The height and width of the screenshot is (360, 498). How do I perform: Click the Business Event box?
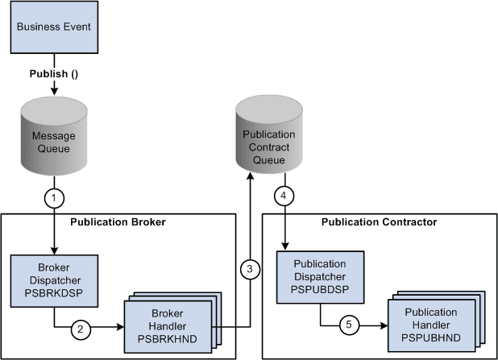tap(53, 27)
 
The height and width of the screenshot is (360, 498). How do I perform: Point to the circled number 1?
tap(54, 196)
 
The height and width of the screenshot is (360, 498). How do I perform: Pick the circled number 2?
tap(81, 329)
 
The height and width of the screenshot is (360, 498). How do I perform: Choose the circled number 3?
tap(251, 269)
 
